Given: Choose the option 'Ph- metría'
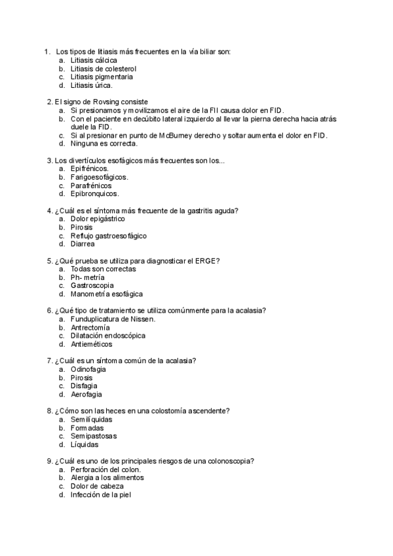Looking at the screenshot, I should pyautogui.click(x=87, y=277).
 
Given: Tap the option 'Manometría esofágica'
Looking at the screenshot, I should pyautogui.click(x=106, y=294).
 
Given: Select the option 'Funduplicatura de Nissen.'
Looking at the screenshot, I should pyautogui.click(x=113, y=319).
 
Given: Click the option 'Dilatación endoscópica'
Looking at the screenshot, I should pyautogui.click(x=107, y=336).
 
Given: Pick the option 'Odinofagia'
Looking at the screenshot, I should pyautogui.click(x=88, y=369).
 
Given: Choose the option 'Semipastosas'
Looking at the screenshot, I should pyautogui.click(x=92, y=436).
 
